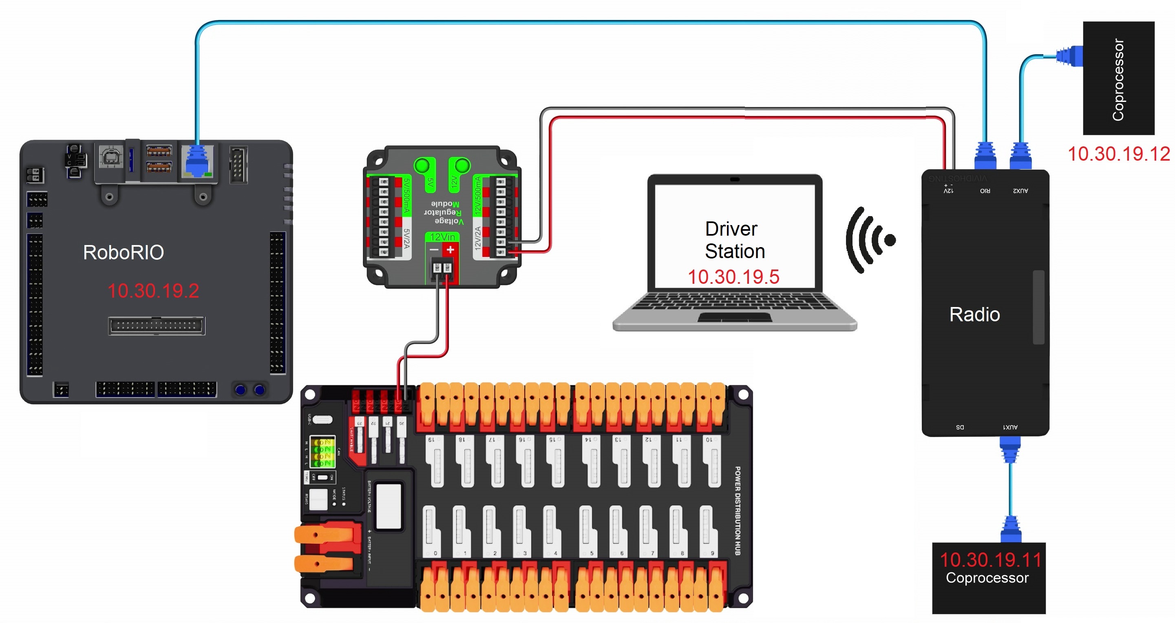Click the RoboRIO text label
(123, 252)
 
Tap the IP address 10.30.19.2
(153, 291)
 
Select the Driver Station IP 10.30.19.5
(733, 276)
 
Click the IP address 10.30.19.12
(1118, 154)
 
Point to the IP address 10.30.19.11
(990, 560)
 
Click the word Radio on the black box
(974, 314)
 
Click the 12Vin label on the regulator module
(442, 237)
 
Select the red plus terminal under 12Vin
(450, 250)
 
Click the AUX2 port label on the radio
(1020, 191)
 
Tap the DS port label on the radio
(960, 427)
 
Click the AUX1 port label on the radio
(1010, 427)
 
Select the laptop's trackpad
(734, 316)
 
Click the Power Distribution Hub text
(737, 510)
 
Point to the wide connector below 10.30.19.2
(157, 326)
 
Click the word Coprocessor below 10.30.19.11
(987, 577)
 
